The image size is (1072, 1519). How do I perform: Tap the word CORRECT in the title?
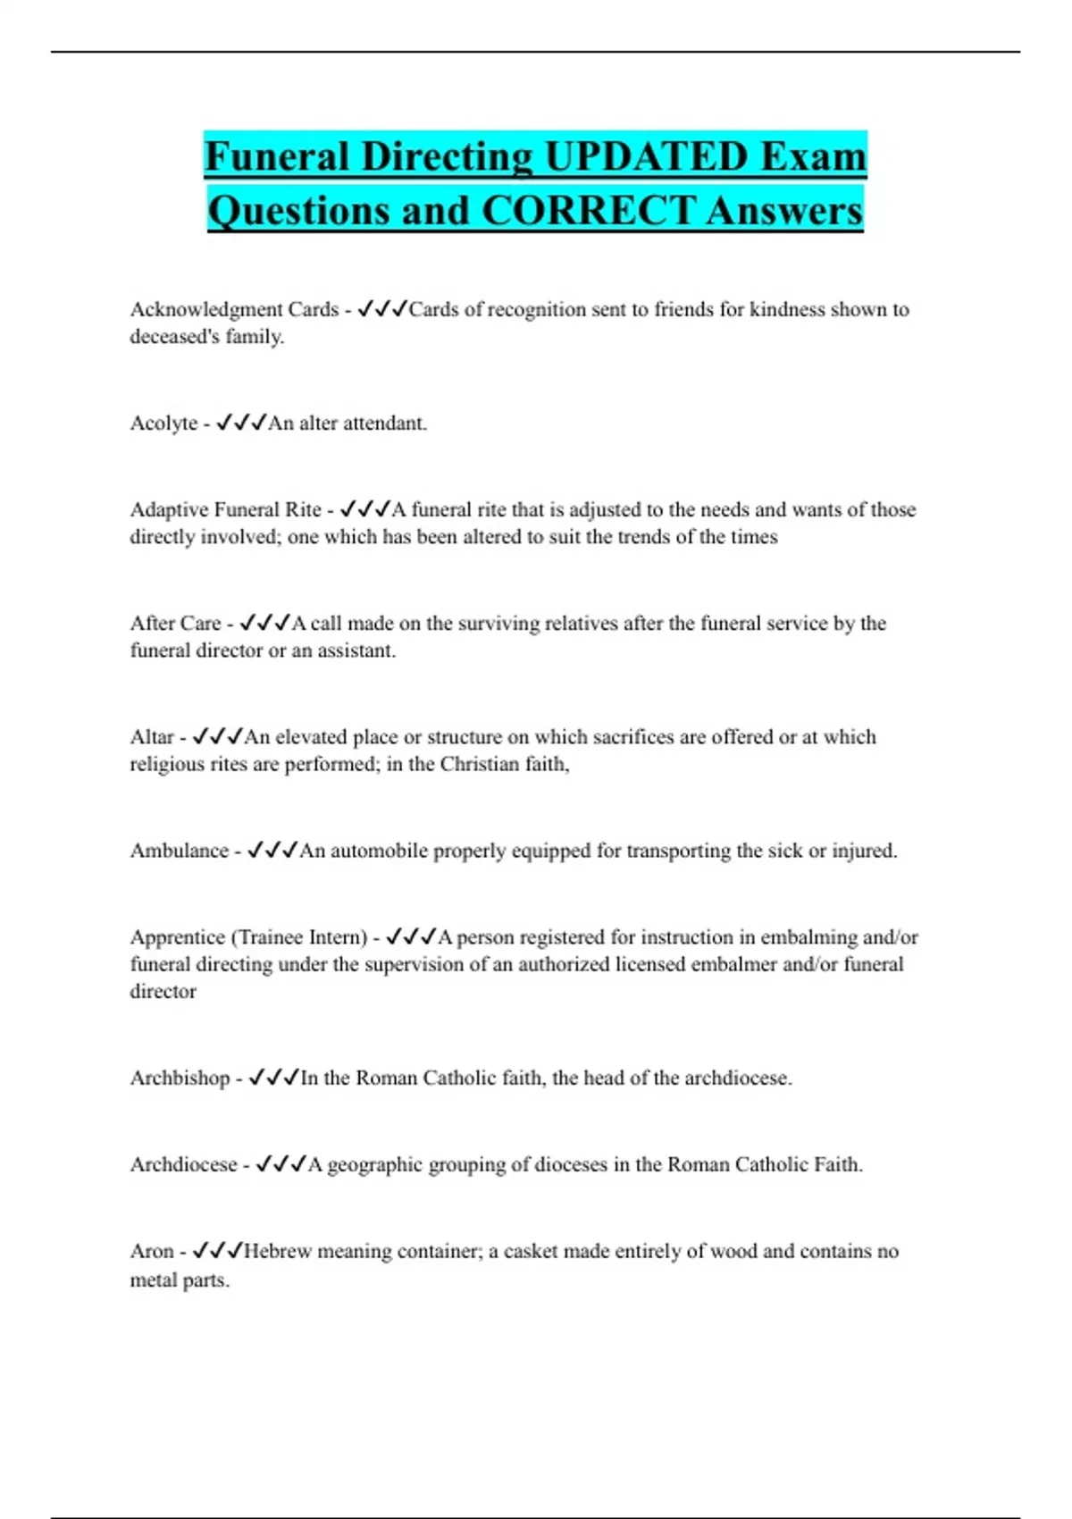pos(587,211)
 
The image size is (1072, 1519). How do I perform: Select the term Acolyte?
pos(163,424)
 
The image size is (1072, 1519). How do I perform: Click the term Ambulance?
pos(179,851)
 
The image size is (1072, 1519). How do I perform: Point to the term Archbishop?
pos(180,1078)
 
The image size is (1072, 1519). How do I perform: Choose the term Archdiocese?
pos(183,1165)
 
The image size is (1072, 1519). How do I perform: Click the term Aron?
pos(151,1252)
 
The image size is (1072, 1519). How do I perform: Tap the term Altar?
pos(151,737)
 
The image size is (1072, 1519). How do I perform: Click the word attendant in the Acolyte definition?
pos(385,424)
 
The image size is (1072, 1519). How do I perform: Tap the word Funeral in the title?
pos(276,157)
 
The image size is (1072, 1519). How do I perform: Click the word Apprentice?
pos(177,938)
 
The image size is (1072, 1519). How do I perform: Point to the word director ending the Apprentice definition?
pos(163,992)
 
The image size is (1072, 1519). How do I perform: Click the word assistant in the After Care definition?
pos(356,651)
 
